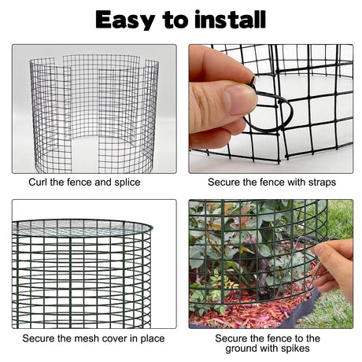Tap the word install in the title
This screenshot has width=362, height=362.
click(230, 19)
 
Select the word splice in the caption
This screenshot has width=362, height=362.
click(127, 183)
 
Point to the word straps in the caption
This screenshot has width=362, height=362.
click(322, 183)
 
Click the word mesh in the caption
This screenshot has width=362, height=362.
click(87, 338)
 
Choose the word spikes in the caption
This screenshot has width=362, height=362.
click(295, 349)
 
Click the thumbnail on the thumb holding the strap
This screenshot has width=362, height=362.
click(240, 100)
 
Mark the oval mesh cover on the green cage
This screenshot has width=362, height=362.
click(82, 227)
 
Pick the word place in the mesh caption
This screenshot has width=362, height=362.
click(153, 338)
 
